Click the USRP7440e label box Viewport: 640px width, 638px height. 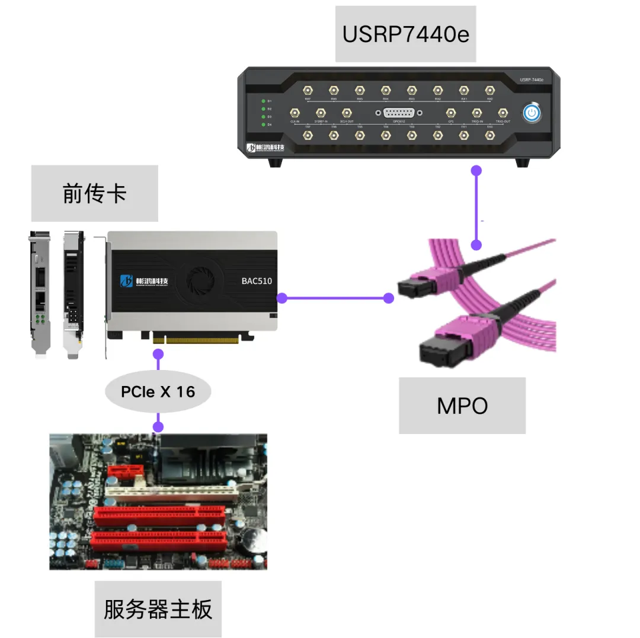coord(405,34)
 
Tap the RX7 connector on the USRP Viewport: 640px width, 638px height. coord(308,90)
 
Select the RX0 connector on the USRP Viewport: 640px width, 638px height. coord(489,90)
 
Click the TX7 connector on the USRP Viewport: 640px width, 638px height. coord(308,136)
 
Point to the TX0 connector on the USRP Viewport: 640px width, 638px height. coord(489,136)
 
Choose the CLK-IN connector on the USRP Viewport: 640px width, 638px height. coord(295,112)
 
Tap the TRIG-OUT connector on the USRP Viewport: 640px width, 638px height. coord(503,112)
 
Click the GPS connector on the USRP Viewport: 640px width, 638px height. coord(450,112)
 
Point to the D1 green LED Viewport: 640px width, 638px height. coord(263,101)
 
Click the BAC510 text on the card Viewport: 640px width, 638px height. coord(257,281)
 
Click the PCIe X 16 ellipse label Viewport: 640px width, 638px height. coord(158,391)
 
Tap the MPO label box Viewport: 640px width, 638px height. coord(462,406)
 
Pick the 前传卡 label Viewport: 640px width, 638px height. coord(94,193)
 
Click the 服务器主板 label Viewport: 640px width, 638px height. coord(158,609)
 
